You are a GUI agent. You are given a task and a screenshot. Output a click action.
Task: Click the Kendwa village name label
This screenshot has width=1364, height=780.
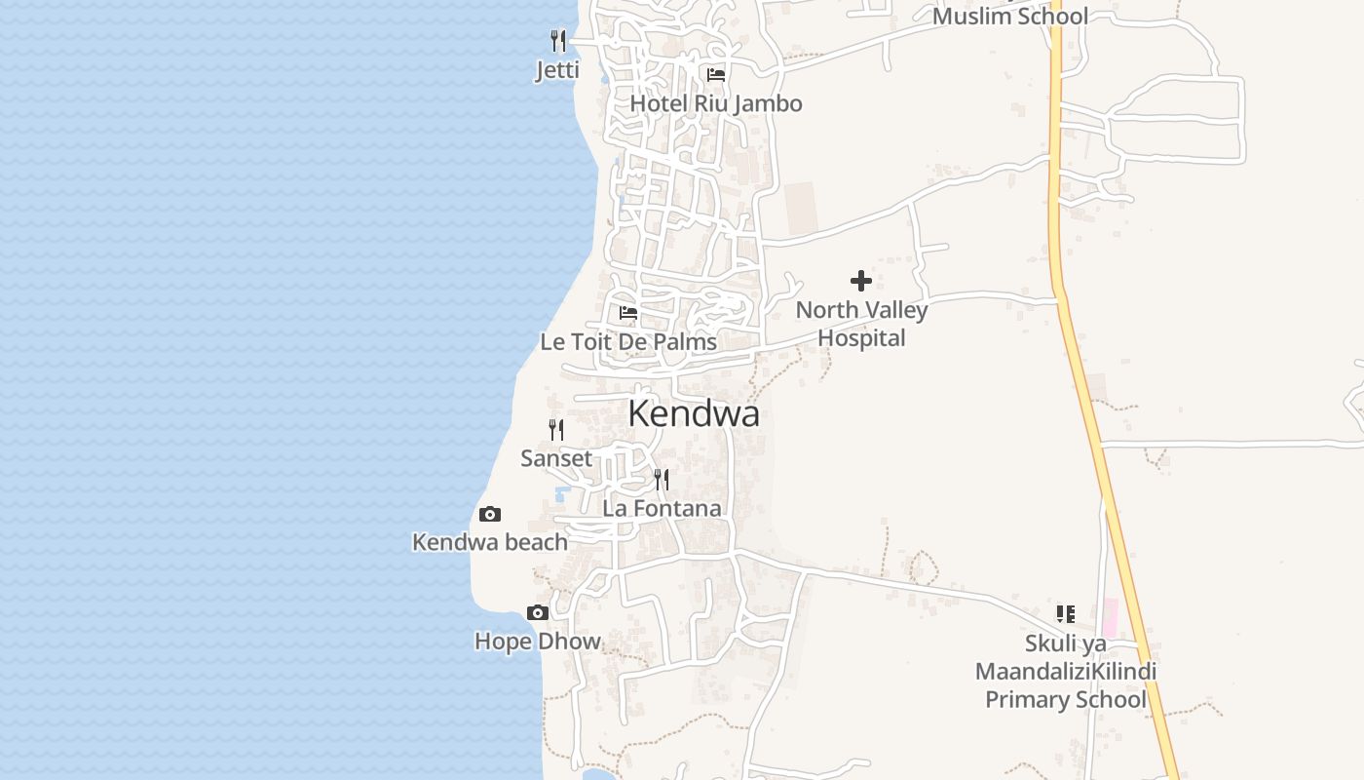coord(693,413)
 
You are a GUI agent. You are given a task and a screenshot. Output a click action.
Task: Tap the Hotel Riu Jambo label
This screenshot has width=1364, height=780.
coord(716,103)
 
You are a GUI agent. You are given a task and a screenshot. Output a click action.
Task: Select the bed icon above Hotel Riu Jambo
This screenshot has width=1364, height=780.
coord(716,74)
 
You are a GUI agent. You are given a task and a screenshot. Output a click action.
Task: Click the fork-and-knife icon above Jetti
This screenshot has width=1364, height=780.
coord(558,41)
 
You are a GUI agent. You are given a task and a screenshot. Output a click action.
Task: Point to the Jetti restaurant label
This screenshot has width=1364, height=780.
coord(557,70)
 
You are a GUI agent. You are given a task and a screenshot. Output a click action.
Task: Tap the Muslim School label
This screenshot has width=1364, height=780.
coord(1010,17)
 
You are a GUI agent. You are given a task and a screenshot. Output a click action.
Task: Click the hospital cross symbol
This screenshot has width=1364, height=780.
coord(861,281)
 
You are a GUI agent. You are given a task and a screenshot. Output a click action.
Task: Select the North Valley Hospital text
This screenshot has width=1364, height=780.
coord(861,324)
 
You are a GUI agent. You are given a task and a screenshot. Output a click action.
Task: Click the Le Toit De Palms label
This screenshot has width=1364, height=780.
coord(628,342)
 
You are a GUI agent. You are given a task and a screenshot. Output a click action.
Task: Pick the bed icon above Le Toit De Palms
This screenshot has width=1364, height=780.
coord(628,313)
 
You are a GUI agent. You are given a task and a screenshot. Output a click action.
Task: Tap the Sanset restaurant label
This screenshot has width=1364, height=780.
coord(556,458)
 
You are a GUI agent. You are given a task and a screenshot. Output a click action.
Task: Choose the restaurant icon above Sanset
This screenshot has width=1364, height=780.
coord(556,429)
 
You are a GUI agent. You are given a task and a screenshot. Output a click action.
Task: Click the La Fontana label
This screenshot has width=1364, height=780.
coord(662,508)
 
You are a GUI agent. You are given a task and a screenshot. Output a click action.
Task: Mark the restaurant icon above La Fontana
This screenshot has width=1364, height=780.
coord(662,479)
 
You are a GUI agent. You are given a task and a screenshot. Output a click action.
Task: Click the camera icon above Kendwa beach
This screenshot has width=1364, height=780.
coord(490,514)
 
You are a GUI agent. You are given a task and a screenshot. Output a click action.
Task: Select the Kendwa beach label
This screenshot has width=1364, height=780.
coord(490,542)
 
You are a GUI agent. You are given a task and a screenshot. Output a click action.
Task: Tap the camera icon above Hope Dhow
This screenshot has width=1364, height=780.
coord(537,612)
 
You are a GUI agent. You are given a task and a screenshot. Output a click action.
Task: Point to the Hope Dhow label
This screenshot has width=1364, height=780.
coord(537,642)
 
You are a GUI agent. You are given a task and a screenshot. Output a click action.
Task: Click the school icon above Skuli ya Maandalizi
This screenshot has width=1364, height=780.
coord(1066,614)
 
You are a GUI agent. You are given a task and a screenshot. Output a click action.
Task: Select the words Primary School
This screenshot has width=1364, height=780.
coord(1066,700)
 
